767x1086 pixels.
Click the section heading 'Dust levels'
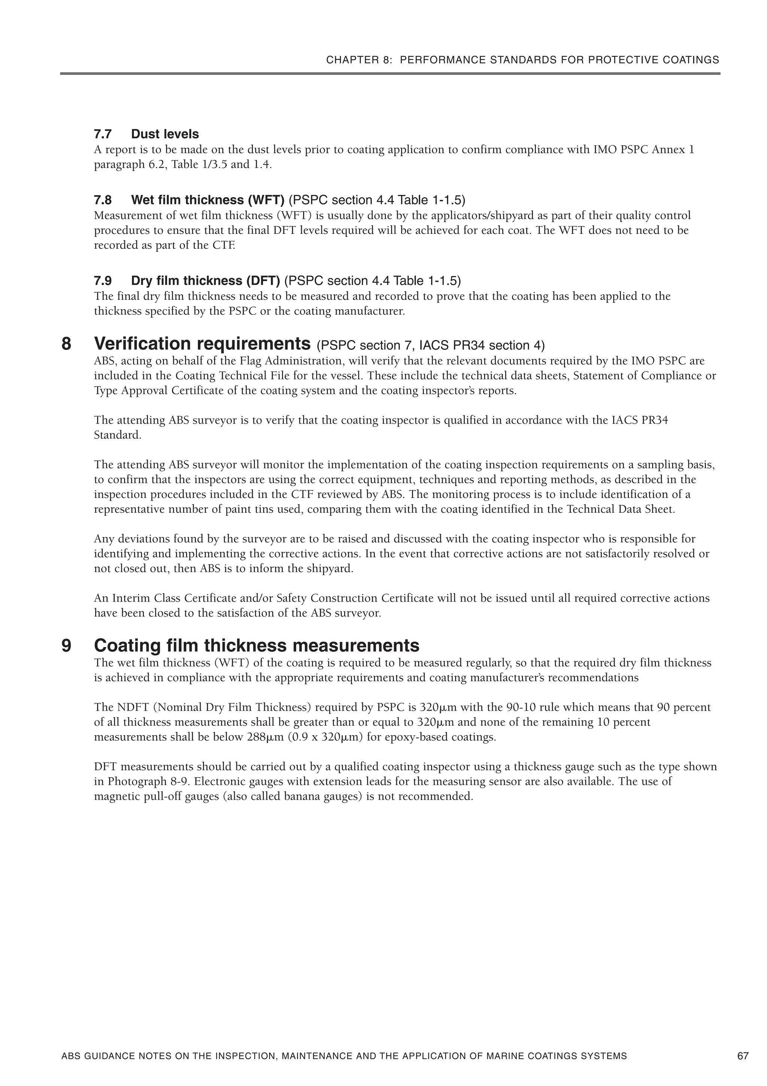click(165, 134)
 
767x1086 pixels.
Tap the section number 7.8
click(103, 200)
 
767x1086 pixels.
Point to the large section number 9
click(67, 646)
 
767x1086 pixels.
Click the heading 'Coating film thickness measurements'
click(257, 646)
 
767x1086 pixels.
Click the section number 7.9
click(103, 281)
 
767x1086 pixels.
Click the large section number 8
click(67, 344)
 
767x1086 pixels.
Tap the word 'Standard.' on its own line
click(118, 435)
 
